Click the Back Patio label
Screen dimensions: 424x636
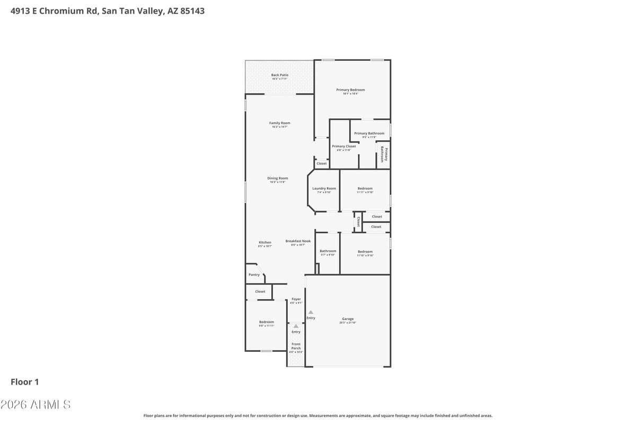tap(280, 75)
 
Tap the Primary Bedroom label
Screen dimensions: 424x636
tap(350, 90)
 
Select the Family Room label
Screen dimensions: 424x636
tap(279, 123)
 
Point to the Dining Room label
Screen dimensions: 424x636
tap(278, 179)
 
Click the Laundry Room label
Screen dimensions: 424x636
tap(324, 189)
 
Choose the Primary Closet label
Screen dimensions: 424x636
tap(343, 146)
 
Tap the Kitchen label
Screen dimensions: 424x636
tap(265, 243)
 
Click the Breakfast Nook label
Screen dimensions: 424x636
tap(298, 241)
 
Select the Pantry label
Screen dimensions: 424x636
tap(254, 275)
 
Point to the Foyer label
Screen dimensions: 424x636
tap(296, 299)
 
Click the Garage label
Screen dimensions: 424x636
tap(348, 319)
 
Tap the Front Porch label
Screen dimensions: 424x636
tap(296, 346)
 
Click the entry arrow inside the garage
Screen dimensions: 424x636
tap(311, 312)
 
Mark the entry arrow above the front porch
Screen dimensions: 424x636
tap(296, 326)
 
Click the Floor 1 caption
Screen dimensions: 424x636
tap(25, 382)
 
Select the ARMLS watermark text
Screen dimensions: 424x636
tap(35, 404)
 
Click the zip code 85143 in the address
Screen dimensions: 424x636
tap(191, 11)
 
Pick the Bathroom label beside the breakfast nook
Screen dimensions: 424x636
tap(328, 251)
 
